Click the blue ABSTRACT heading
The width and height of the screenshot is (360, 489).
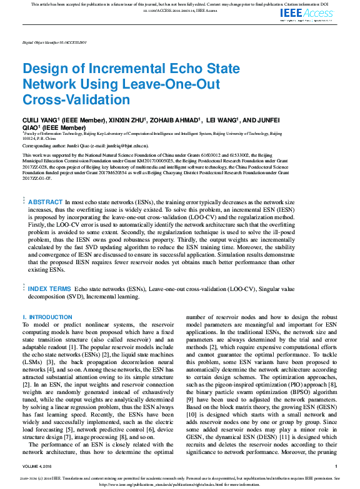coord(46,202)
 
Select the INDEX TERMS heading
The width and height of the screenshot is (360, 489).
coord(49,289)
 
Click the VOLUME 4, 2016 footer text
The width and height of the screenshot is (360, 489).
coord(38,467)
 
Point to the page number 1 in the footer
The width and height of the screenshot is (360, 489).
coord(336,467)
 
